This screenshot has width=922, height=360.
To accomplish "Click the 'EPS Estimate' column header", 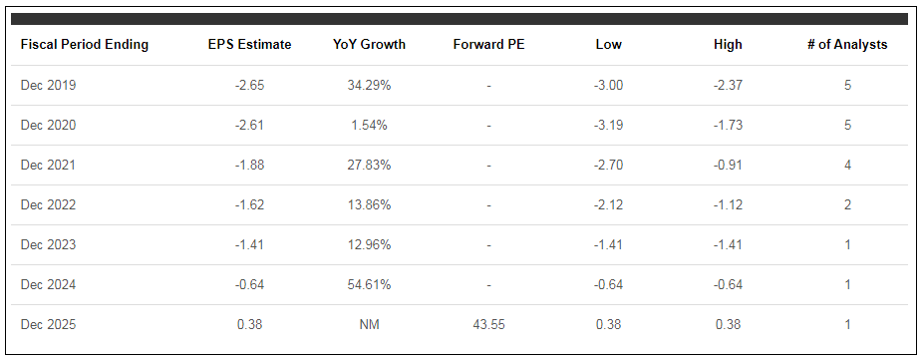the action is [249, 45].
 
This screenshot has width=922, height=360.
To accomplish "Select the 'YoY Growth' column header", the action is [369, 45].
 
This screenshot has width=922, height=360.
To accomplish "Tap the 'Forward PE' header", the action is [488, 45].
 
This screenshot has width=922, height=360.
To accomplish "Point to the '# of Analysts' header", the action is [847, 45].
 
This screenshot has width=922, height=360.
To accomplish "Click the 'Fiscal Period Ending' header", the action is [85, 45].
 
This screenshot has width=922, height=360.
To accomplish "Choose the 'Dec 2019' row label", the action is [48, 86].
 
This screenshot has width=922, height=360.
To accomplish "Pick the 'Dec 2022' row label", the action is [48, 204].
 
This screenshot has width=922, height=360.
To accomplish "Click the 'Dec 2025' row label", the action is [48, 324].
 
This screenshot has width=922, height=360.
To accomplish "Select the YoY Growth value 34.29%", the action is [369, 86].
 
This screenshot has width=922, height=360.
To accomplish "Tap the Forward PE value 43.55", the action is [488, 324].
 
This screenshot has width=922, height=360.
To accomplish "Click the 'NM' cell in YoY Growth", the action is [369, 324].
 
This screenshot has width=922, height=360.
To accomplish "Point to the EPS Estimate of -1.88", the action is [249, 165].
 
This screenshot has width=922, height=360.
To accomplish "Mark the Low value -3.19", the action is [608, 126].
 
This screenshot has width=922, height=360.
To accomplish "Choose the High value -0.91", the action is [728, 165].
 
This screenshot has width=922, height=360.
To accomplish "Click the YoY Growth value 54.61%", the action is [369, 284].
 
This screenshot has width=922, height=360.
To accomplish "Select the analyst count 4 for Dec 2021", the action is [847, 165].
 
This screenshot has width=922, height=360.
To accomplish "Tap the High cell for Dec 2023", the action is [728, 244].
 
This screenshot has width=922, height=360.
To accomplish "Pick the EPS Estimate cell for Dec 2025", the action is [249, 324].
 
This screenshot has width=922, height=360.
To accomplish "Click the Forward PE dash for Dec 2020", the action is [488, 126].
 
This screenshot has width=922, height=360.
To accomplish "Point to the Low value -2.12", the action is [608, 204].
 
